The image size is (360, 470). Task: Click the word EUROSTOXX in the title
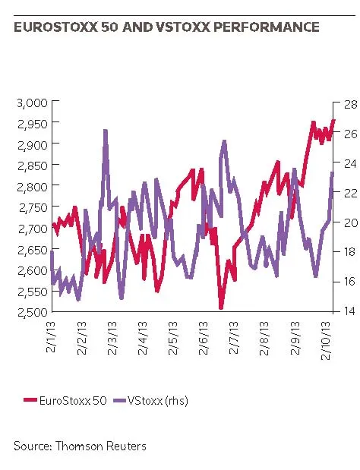56,27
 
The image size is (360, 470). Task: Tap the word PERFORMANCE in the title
266,27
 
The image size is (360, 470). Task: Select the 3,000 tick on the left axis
33,103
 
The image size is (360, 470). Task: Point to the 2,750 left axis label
33,207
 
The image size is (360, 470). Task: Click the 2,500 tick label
33,312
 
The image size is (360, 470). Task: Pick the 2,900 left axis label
33,145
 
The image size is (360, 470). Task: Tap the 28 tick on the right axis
351,104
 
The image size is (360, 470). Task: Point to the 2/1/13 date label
51,336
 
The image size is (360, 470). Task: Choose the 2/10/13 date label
326,340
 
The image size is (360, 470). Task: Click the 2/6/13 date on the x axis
204,338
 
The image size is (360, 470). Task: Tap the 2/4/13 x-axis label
143,338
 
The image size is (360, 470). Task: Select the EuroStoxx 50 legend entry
65,401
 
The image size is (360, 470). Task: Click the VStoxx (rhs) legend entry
151,401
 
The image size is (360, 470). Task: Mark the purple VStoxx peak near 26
106,131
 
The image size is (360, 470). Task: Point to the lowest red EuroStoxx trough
221,308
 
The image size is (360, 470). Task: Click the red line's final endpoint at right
334,120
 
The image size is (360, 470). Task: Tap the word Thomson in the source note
79,446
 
